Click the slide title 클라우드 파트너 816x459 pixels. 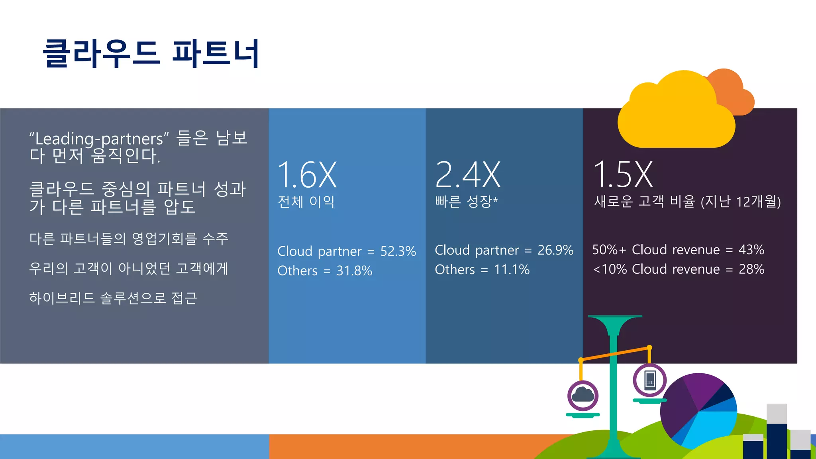click(151, 53)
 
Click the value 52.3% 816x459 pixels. click(398, 251)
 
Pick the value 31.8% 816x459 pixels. click(354, 271)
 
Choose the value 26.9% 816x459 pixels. click(555, 250)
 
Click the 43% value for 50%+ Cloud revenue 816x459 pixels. click(751, 250)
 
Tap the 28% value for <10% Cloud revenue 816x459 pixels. click(751, 269)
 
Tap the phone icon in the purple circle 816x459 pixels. click(650, 380)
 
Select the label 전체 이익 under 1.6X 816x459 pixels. click(306, 202)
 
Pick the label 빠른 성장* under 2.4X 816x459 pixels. click(466, 202)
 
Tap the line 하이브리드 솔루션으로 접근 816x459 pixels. click(113, 298)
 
